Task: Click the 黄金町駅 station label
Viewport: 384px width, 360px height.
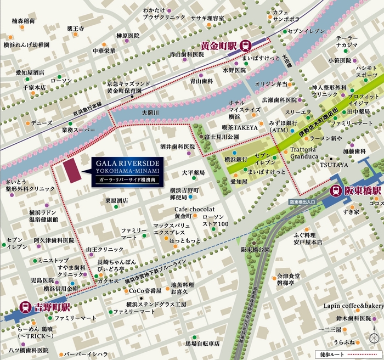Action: coord(219,46)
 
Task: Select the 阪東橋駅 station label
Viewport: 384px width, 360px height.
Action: coord(363,191)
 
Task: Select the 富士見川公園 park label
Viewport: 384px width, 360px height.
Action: coord(221,136)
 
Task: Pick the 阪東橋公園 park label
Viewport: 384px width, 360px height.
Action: coord(255,249)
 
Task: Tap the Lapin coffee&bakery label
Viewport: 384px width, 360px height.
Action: coord(353,305)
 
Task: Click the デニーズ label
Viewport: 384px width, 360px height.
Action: coord(42,123)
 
